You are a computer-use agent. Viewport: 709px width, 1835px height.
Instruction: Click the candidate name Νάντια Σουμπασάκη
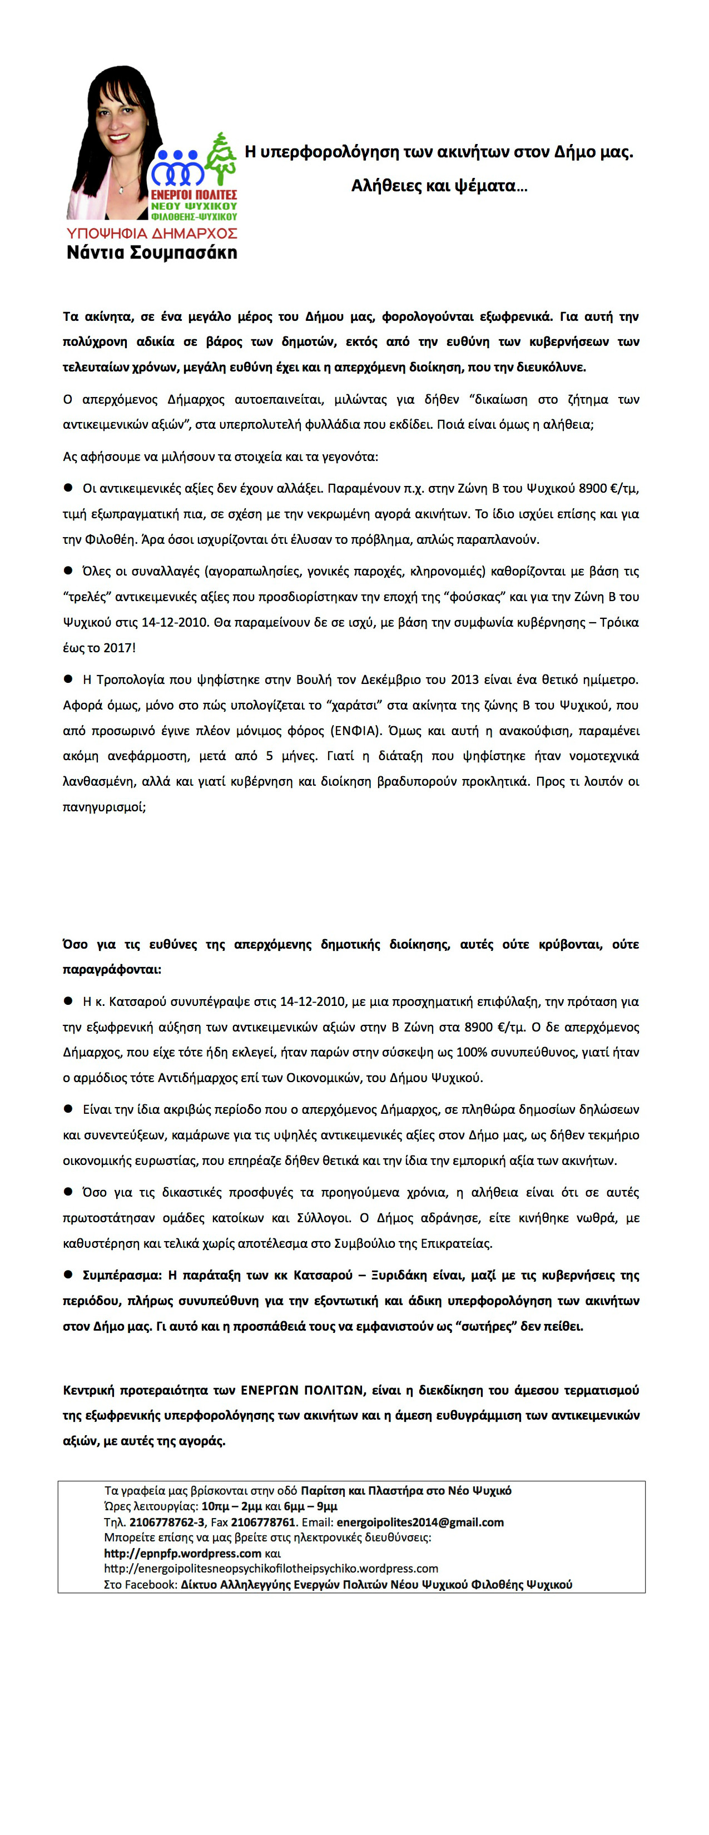point(151,253)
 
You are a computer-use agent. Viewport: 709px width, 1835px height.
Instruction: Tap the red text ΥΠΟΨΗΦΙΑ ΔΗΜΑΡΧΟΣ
point(151,234)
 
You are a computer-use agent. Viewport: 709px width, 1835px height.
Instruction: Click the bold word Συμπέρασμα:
point(121,1275)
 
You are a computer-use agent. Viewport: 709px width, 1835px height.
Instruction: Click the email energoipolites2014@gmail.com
point(420,1522)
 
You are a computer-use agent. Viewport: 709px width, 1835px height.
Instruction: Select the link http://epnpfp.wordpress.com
point(182,1553)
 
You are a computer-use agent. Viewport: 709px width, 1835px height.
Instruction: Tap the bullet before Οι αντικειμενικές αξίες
point(69,488)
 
